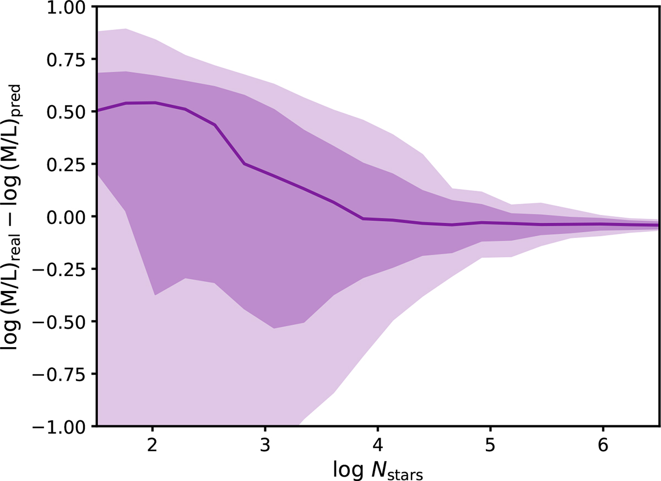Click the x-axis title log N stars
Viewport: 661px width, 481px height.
pyautogui.click(x=378, y=470)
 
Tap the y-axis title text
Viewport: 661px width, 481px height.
pyautogui.click(x=11, y=218)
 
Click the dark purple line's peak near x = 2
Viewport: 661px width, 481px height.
pyautogui.click(x=155, y=102)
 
